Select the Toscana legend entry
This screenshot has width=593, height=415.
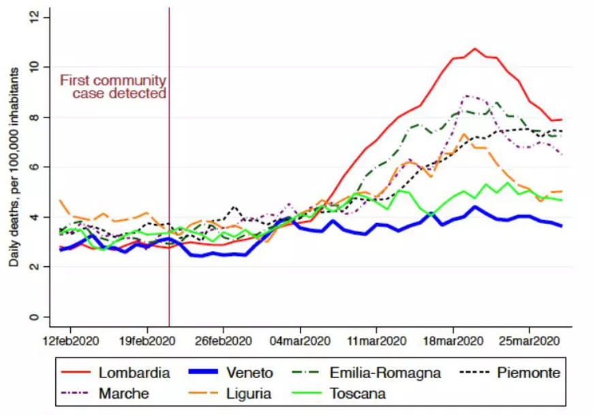[357, 393]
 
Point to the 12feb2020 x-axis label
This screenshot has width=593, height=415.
[71, 341]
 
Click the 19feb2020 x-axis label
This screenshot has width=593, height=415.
[148, 341]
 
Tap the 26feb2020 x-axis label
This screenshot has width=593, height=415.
[224, 341]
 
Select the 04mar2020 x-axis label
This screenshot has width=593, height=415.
[301, 341]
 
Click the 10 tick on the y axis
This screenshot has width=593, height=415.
[32, 67]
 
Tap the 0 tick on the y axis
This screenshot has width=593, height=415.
[35, 317]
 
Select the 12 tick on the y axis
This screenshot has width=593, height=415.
[32, 17]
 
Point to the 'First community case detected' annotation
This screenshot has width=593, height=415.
[113, 87]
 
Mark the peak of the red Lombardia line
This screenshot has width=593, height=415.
[475, 48]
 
